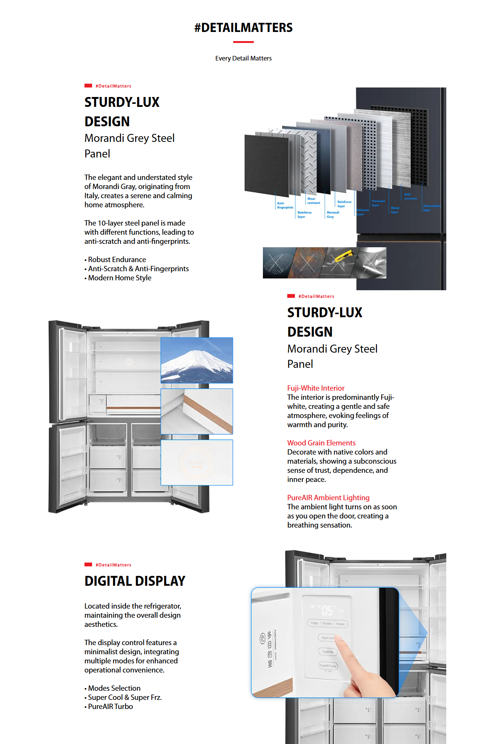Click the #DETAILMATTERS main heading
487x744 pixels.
pos(243,28)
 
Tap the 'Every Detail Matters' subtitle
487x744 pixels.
pos(243,58)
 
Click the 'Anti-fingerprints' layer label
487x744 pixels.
pos(285,205)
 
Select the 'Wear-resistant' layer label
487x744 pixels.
pos(314,201)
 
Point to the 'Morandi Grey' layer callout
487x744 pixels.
pos(333,215)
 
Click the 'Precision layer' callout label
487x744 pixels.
pos(378,203)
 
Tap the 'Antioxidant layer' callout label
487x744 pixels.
pos(431,208)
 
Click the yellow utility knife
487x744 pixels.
pos(344,256)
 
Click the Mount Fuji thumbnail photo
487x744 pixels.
pos(197,360)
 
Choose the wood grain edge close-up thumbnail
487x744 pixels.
pos(197,411)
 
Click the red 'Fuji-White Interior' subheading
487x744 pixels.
pos(316,388)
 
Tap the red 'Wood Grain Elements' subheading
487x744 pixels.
pos(321,443)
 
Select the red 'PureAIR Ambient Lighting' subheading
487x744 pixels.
pos(328,498)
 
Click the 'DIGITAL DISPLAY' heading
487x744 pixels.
pos(135,581)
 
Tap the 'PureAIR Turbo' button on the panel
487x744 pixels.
pos(328,666)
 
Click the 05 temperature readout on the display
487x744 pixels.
pos(327,610)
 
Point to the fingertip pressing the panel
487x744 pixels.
pos(339,643)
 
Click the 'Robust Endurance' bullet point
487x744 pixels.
pos(117,259)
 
